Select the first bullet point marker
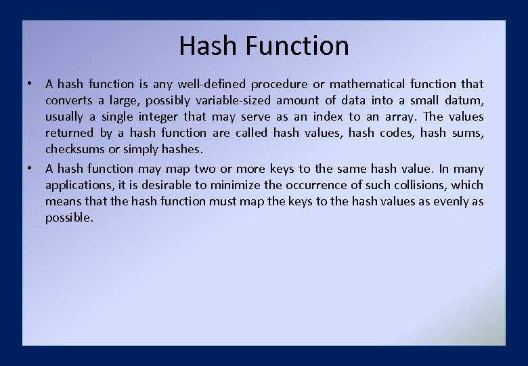30,84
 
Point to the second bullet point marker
30,169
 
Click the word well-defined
212,84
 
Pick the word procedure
278,85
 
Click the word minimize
234,185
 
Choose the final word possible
69,218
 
